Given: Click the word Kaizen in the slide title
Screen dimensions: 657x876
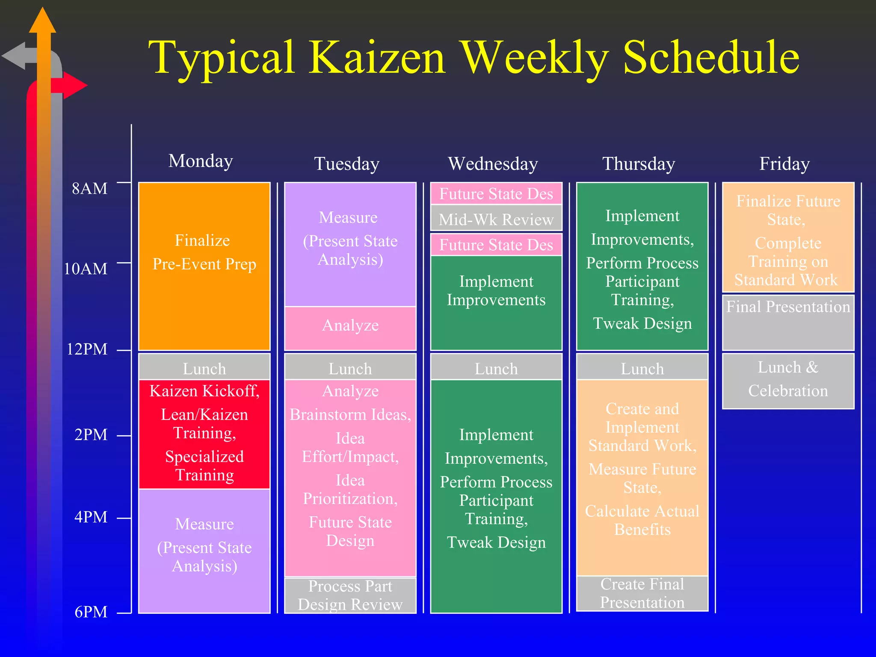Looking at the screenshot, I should [377, 58].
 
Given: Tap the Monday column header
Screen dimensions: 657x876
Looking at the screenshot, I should [201, 161].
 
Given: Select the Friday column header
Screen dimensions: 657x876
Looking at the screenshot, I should [784, 164].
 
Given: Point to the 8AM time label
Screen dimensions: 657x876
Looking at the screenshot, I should [89, 189].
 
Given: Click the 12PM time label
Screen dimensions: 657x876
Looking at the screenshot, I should [87, 349].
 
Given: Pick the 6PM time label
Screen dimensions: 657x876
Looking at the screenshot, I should [91, 612].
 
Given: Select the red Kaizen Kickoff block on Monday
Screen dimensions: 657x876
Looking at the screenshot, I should [204, 434].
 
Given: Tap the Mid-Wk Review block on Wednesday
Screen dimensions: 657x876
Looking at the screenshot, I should [496, 219].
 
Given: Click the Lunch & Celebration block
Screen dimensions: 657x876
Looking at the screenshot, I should [788, 380].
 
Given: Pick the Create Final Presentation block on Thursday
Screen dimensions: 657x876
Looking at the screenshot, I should [642, 593].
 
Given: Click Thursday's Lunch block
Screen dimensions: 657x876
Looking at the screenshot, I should [642, 368].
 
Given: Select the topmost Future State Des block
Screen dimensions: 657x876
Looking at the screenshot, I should [496, 194].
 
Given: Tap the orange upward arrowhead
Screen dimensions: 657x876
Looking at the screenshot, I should [42, 21].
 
